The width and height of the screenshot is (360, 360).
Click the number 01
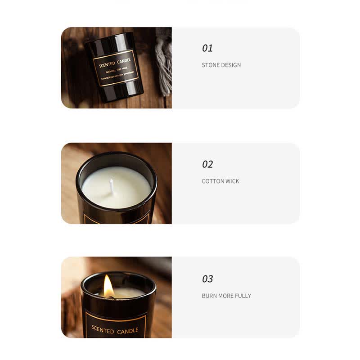point(207,48)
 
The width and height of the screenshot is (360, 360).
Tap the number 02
point(207,164)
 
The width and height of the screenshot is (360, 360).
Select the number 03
point(207,279)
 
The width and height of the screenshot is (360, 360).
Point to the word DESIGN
point(231,65)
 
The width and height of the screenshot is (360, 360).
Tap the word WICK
point(233,181)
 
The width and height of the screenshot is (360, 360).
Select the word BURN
point(210,296)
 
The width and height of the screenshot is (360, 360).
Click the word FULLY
point(243,296)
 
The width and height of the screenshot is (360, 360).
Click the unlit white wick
point(112,185)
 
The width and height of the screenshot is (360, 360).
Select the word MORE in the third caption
point(226,296)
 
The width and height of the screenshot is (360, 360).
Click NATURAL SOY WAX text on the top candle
point(116,71)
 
